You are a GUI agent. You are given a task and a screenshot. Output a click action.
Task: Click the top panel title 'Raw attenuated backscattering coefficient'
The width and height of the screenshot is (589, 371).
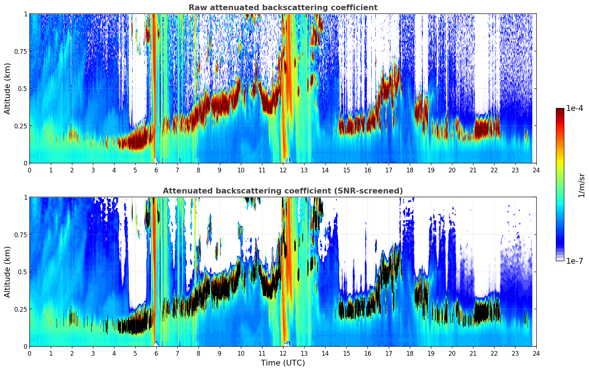(x=283, y=8)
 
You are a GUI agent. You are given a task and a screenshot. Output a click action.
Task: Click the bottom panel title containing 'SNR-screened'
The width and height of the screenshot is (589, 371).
(x=283, y=191)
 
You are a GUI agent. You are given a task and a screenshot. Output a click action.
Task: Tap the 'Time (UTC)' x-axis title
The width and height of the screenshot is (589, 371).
(x=283, y=363)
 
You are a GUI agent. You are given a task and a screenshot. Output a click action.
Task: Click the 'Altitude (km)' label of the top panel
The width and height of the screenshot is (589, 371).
(x=8, y=88)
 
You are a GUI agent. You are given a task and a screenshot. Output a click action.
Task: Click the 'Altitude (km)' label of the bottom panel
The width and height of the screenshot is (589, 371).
(x=8, y=272)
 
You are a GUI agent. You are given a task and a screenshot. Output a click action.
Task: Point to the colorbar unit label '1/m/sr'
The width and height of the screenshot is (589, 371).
(x=581, y=185)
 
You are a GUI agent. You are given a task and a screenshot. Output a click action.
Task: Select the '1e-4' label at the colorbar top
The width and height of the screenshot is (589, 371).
(x=574, y=108)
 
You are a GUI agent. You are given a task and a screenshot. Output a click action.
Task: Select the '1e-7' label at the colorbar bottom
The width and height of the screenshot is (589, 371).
(x=574, y=261)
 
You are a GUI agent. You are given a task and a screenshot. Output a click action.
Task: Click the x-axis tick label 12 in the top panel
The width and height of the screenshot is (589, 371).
(x=283, y=170)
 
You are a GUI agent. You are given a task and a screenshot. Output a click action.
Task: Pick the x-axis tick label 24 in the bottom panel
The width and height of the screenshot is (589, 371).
(x=536, y=353)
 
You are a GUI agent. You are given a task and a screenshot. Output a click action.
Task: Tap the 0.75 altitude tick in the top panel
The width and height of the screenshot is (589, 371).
(x=20, y=51)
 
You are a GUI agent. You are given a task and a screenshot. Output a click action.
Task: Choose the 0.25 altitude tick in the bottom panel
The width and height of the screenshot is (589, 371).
(x=20, y=309)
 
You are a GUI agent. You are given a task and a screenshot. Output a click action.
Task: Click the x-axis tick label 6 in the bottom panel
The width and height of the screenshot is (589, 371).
(x=156, y=353)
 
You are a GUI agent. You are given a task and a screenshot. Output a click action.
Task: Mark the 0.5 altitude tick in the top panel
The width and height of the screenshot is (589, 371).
(x=22, y=88)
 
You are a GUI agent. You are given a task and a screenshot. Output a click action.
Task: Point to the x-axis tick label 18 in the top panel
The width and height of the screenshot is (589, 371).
(x=410, y=170)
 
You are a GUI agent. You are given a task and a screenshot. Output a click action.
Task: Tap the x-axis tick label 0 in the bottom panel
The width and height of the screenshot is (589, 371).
(x=29, y=353)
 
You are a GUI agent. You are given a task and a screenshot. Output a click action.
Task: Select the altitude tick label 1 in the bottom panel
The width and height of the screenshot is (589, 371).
(x=25, y=197)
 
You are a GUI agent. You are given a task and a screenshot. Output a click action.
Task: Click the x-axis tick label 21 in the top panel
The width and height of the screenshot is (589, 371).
(x=473, y=170)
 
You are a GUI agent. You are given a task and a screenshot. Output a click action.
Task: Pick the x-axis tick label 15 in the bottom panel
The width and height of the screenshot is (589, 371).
(x=346, y=353)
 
